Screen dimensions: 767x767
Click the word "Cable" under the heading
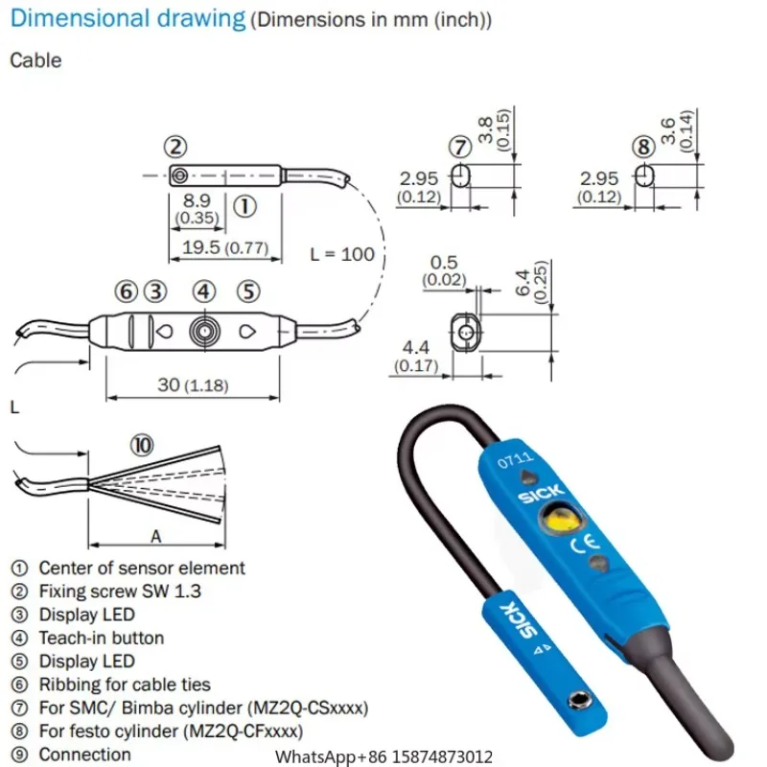click(35, 60)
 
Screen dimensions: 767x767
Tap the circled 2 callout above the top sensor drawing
click(174, 148)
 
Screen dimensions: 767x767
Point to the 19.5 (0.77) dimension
click(226, 247)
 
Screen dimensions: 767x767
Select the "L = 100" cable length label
click(342, 255)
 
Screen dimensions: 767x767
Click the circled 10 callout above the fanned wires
click(142, 445)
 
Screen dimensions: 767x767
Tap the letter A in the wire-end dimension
click(153, 535)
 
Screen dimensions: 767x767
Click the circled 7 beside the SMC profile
click(461, 148)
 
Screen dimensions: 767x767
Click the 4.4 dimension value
click(414, 346)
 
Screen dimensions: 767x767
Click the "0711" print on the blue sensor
click(509, 462)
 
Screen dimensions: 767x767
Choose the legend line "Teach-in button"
click(101, 638)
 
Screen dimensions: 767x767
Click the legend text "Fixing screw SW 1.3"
click(120, 592)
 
